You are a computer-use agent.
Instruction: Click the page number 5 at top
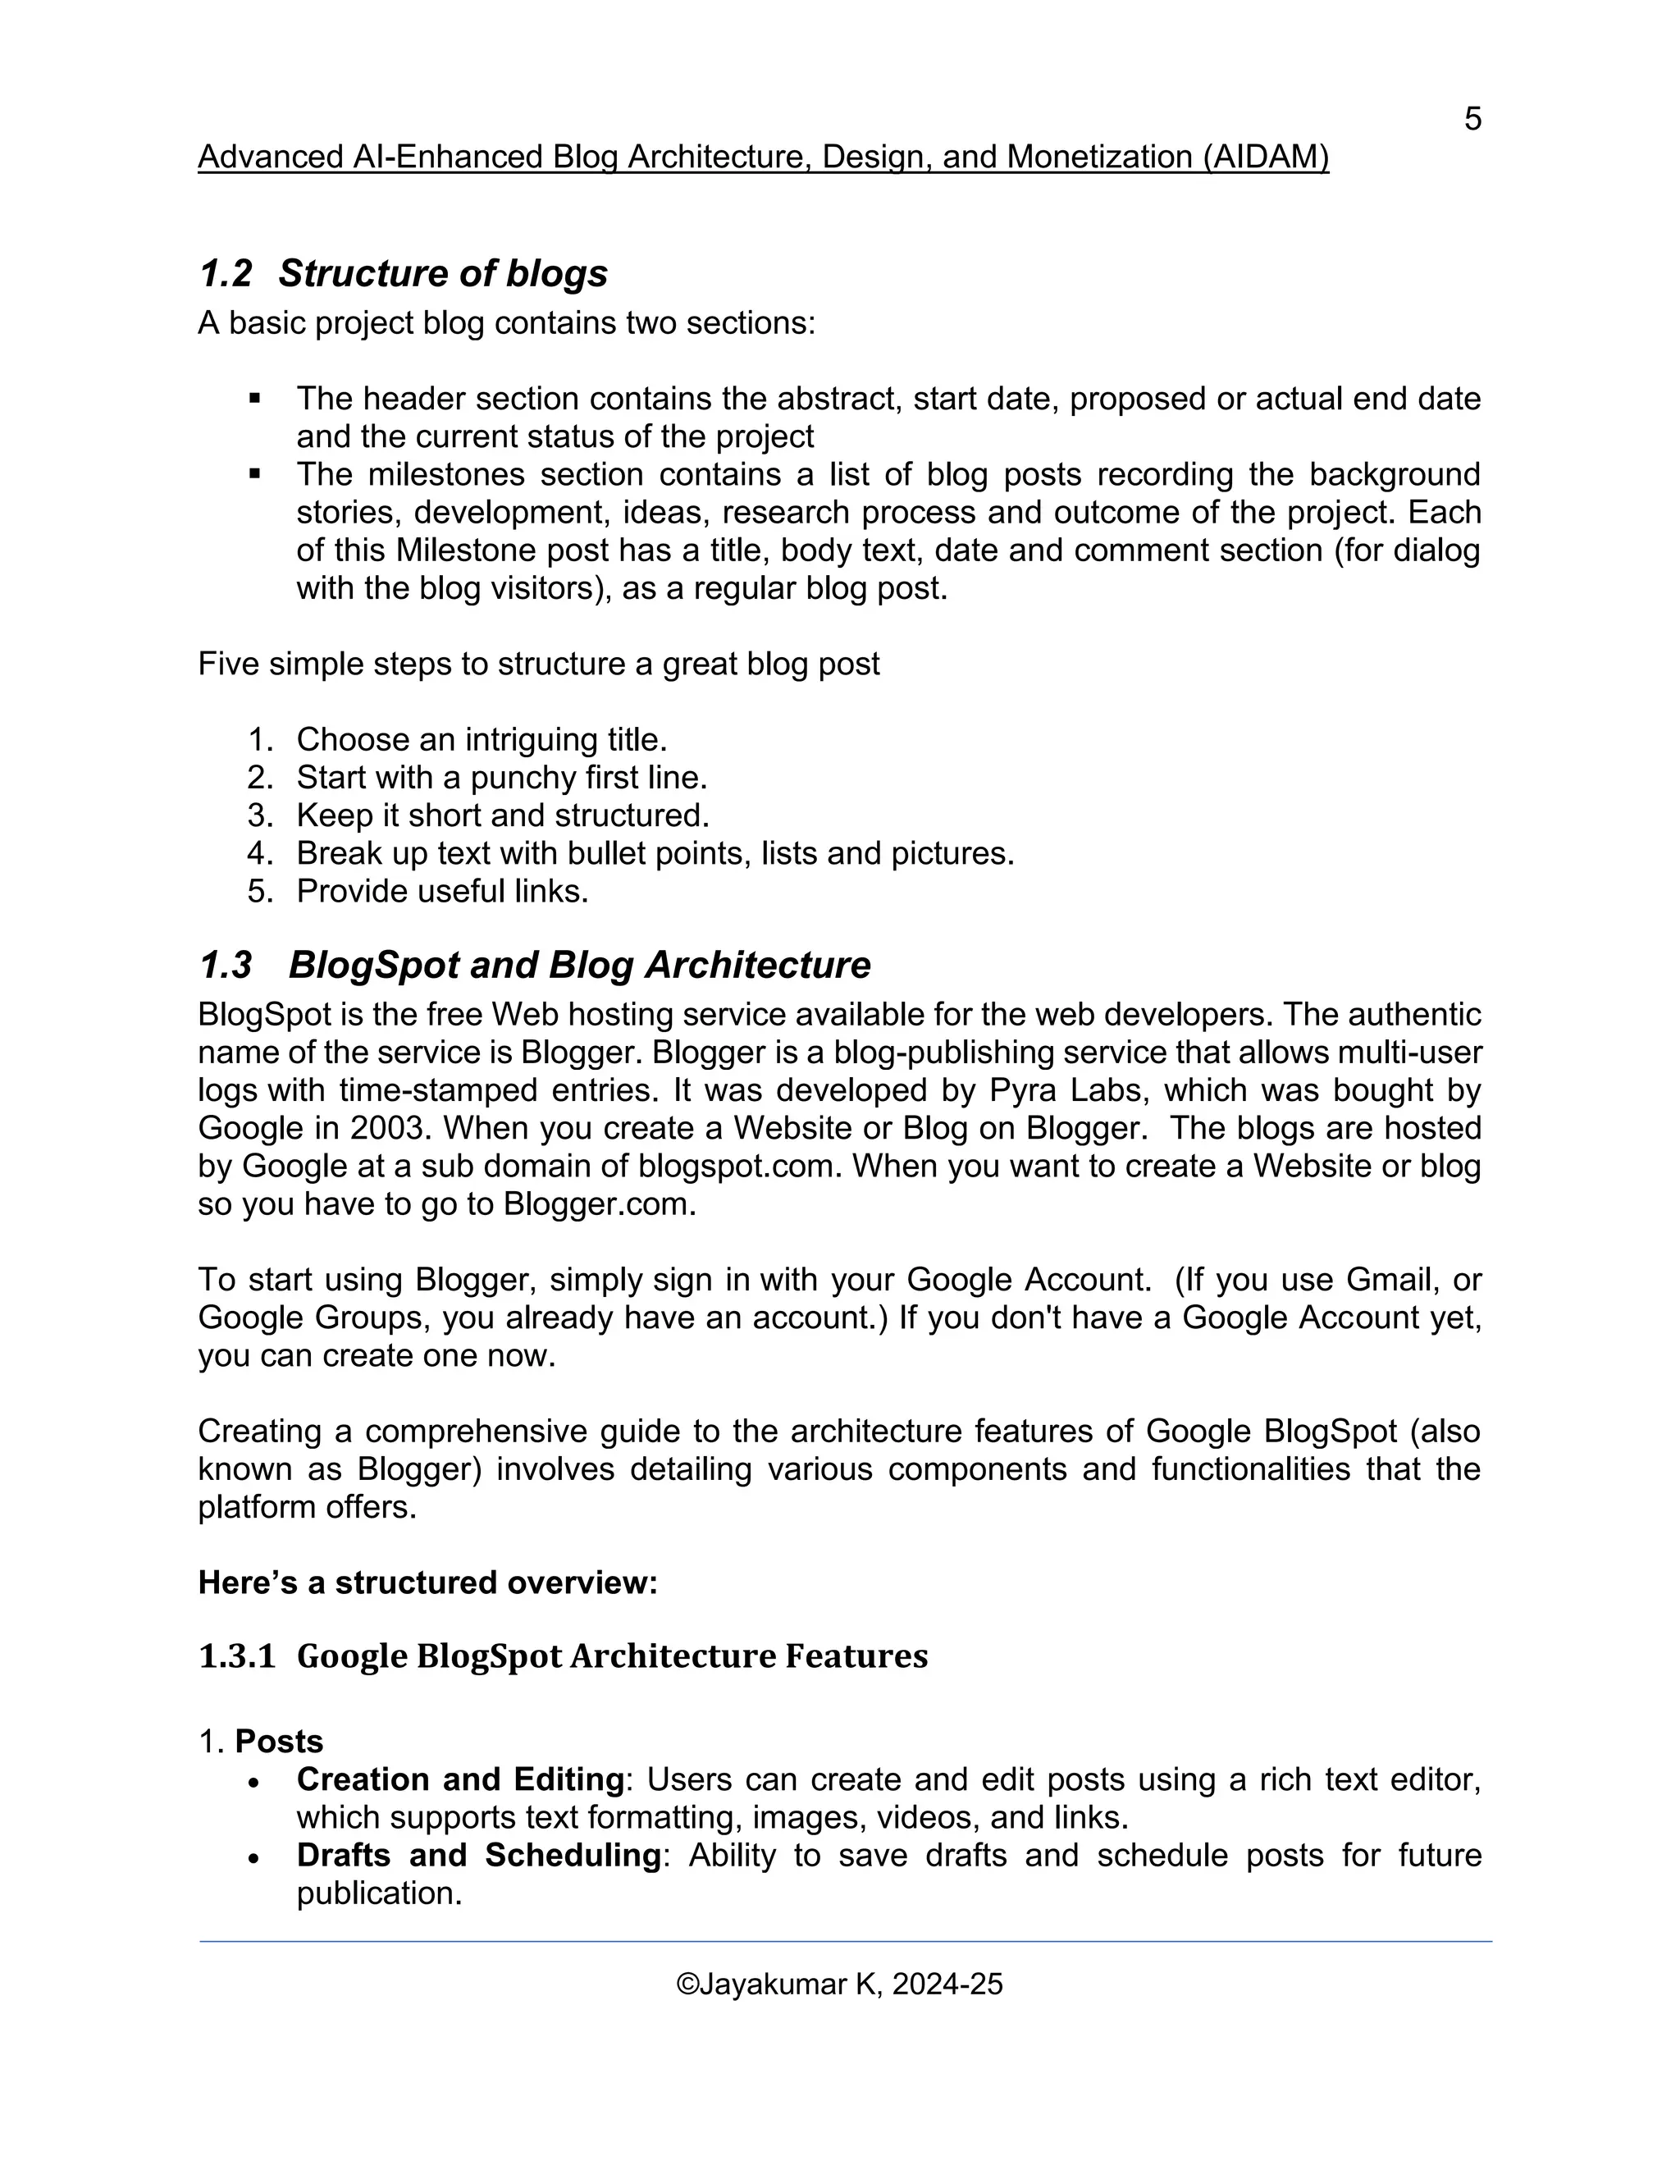1472,120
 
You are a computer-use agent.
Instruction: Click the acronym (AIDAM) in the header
1265,158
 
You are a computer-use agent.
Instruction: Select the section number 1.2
226,274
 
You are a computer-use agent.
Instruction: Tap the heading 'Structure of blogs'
443,274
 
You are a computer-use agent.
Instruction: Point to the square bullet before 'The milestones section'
255,475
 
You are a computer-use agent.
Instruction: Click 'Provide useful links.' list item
442,891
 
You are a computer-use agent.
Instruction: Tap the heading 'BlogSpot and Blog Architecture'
579,965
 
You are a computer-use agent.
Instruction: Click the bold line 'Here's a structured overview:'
428,1583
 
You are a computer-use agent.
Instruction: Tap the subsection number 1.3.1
237,1656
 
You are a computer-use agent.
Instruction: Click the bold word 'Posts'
279,1742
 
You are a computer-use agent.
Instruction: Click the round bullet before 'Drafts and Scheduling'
255,1857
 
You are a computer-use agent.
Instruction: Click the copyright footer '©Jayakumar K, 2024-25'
839,1984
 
